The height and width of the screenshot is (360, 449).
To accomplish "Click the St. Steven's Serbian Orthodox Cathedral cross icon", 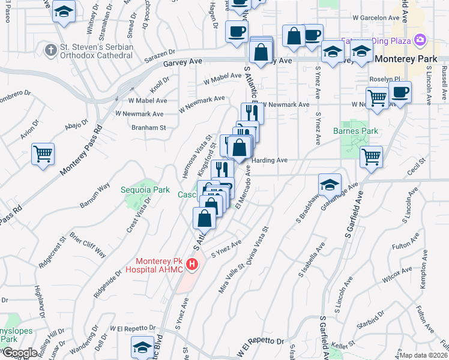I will click(52, 49).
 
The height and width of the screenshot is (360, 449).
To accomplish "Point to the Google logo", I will click(19, 353).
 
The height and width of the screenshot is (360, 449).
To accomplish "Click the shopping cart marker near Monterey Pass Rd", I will click(43, 154).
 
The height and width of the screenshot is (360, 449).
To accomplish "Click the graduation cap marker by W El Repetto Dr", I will click(142, 347).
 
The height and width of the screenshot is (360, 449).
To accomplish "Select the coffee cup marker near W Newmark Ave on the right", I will click(400, 92).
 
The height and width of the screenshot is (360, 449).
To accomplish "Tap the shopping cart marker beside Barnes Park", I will click(371, 157).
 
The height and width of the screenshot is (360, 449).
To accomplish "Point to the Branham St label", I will click(148, 128).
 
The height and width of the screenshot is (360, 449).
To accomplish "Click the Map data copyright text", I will click(424, 355).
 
